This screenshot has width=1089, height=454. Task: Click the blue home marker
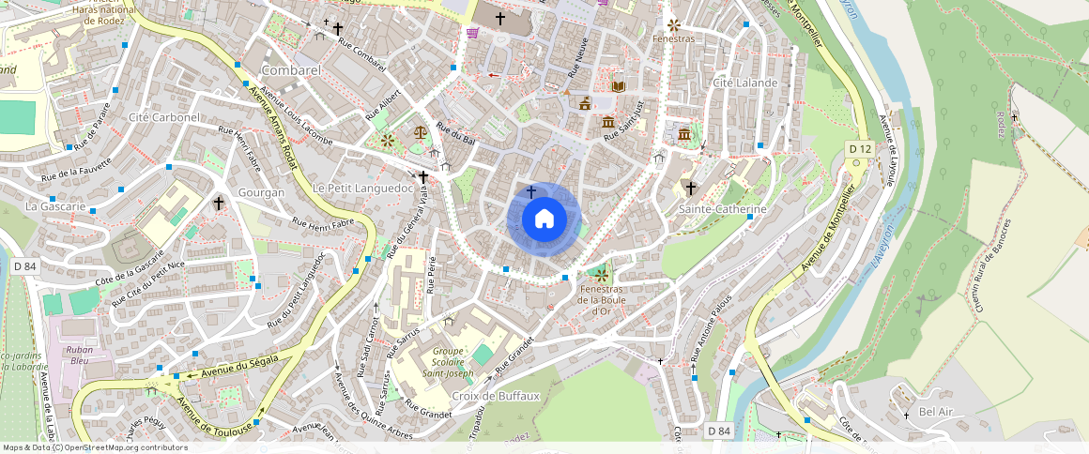coord(544,219)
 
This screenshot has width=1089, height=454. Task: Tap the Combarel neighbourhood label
coord(292,70)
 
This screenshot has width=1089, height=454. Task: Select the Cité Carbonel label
coord(164,117)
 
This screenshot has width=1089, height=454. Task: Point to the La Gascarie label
coord(55,205)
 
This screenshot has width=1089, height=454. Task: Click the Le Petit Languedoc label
coord(363,188)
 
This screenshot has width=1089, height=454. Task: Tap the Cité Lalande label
coord(745,83)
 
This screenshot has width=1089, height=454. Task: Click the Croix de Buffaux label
coord(496,396)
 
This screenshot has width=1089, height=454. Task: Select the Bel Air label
coord(935,411)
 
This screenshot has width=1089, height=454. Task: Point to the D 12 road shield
coord(860,148)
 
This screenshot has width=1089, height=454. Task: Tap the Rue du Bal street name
coord(457,134)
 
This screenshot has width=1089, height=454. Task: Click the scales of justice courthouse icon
coord(419,132)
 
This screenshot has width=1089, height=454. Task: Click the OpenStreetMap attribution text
coord(96,447)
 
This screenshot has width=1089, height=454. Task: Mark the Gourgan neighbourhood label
coord(262,192)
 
